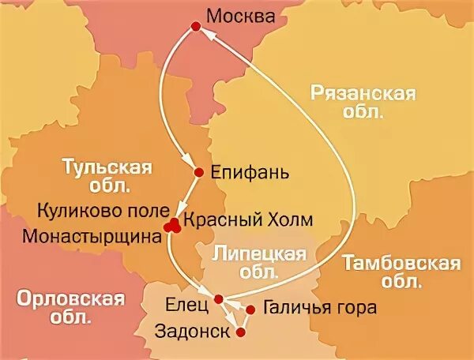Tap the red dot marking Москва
(x=195, y=28)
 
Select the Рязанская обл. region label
(x=363, y=103)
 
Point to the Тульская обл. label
(x=118, y=176)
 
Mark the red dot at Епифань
(x=198, y=171)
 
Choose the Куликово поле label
(x=103, y=212)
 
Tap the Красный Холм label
(x=237, y=219)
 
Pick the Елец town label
(x=188, y=301)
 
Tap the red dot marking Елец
(x=218, y=298)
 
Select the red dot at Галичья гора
(x=250, y=309)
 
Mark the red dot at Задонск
(x=241, y=332)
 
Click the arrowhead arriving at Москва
(x=205, y=35)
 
